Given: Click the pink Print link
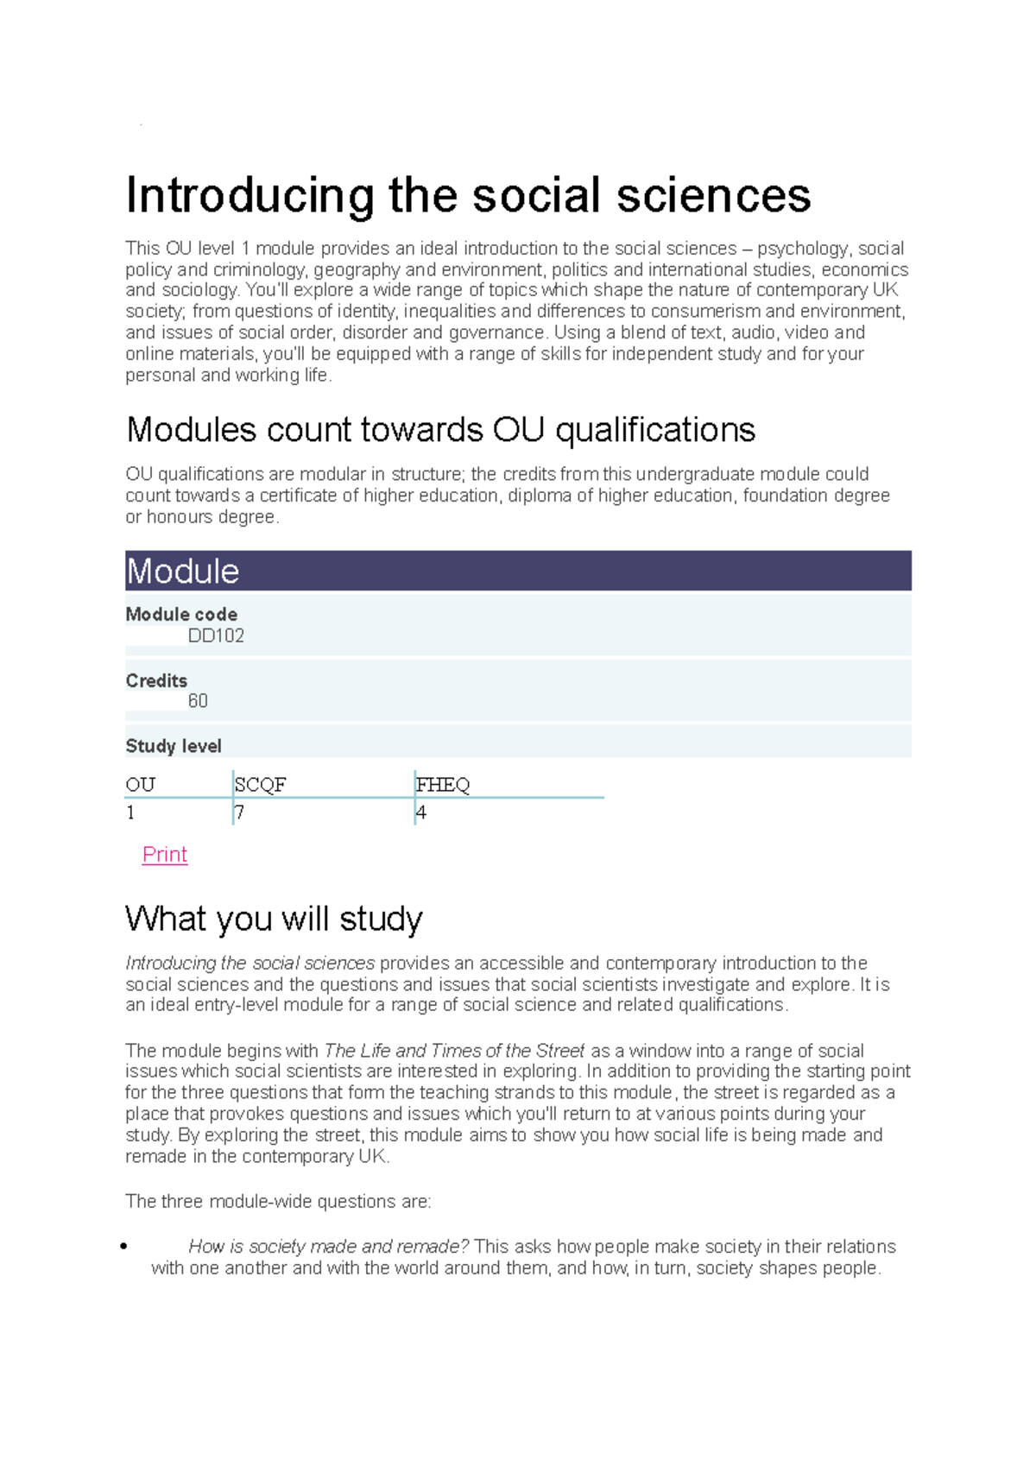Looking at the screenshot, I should coord(164,855).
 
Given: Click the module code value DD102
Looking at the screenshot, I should coord(216,636).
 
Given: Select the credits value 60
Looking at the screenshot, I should coord(198,701).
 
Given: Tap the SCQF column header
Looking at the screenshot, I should coord(260,785).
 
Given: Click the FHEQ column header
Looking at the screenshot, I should coord(443,785).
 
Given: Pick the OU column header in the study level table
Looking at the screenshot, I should coord(140,785).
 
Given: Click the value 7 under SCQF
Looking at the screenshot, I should coord(240,812).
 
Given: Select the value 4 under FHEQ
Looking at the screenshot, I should coord(421,812).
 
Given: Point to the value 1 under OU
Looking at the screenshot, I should coord(130,812).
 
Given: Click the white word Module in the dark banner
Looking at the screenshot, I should coord(182,572).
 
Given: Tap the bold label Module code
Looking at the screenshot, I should coord(181,615).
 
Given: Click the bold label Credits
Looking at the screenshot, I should coord(156,680).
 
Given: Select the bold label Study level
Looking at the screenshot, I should coord(174,746).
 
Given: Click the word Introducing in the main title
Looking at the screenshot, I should coord(250,196).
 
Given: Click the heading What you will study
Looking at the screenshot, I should coord(274,919).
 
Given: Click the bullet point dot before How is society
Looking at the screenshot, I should coord(124,1246).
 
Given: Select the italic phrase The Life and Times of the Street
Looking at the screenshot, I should coord(454,1051).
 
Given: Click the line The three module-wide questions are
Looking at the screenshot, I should coord(278,1201).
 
